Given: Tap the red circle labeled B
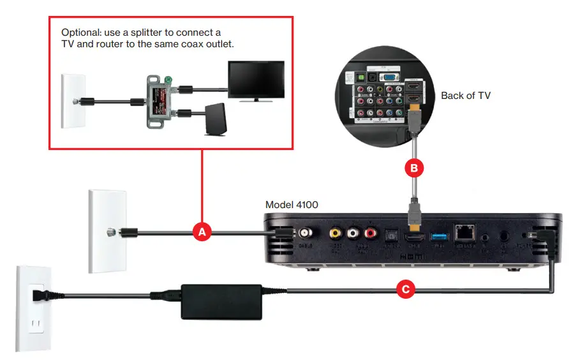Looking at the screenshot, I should pos(413,169).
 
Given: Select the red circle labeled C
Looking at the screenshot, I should pos(404,290).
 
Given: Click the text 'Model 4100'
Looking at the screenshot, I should pos(292,205).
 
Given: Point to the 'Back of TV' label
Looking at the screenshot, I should pos(466,96).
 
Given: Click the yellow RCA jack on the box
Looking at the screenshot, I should pos(334,234).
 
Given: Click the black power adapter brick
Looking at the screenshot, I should pos(222,297).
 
